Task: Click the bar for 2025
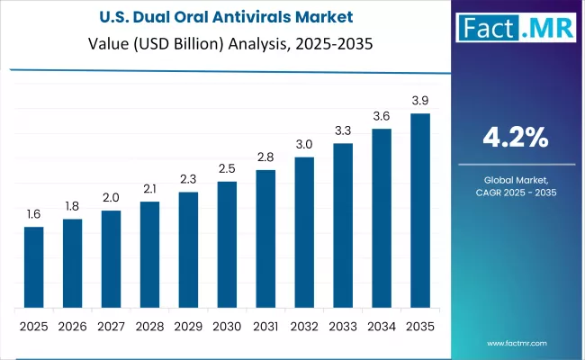click(x=33, y=266)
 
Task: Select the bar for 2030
click(x=227, y=244)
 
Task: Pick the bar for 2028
click(x=149, y=254)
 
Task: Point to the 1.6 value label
click(x=33, y=215)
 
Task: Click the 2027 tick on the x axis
click(x=111, y=325)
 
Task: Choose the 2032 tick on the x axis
click(x=304, y=325)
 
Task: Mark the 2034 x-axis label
click(x=382, y=325)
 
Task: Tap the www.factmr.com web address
click(x=517, y=343)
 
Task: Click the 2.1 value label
click(x=149, y=190)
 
